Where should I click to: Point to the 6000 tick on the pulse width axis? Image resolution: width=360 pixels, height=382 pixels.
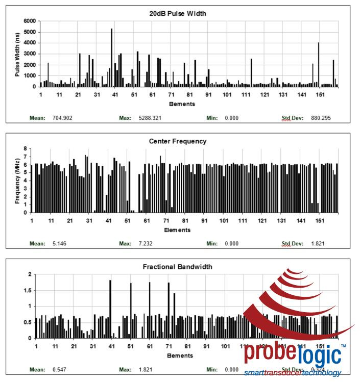point(30,21)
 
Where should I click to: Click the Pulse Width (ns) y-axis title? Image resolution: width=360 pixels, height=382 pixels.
point(17,54)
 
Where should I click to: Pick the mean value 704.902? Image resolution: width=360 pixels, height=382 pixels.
point(62,118)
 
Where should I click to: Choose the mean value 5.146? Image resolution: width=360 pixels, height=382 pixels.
point(59,243)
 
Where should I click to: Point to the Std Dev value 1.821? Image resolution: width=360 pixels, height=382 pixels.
point(318,243)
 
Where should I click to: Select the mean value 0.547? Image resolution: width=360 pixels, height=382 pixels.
point(59,369)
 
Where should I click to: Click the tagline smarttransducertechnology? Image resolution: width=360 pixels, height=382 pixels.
point(292,373)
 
